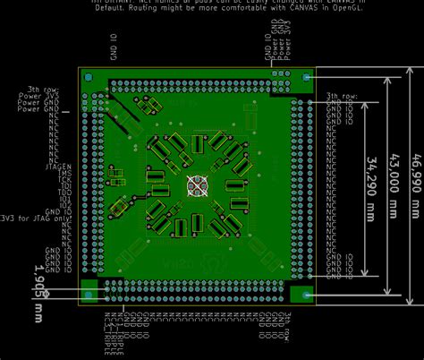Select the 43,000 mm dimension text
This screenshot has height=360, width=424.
(x=394, y=184)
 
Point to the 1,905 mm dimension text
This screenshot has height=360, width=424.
(x=38, y=292)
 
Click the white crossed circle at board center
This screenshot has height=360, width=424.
(x=197, y=185)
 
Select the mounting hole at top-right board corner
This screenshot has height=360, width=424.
(x=307, y=78)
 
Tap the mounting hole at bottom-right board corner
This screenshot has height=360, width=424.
(x=306, y=294)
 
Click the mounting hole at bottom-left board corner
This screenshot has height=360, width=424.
(x=89, y=294)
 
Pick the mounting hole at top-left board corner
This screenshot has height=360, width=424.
(x=89, y=79)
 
